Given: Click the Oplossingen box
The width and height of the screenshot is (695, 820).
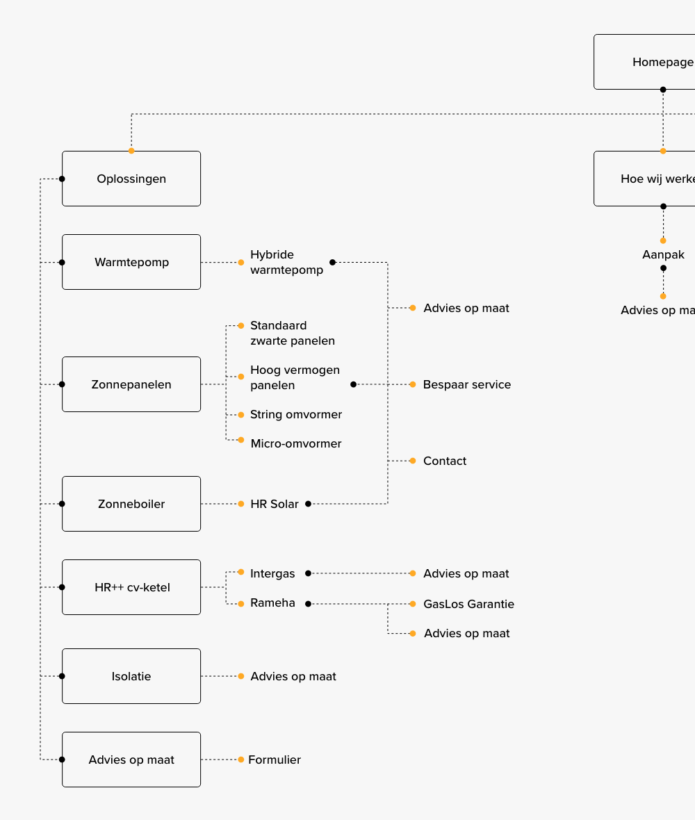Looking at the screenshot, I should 131,179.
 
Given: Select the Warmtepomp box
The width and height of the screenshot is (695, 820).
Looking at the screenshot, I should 131,262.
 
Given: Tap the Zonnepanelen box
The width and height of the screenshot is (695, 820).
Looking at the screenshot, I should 131,384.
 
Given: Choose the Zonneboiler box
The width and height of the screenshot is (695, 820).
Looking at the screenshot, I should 131,504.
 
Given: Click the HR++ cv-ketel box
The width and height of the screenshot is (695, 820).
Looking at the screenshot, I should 131,587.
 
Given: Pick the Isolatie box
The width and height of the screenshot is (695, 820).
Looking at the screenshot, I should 131,676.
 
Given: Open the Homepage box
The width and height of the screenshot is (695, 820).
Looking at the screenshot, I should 644,62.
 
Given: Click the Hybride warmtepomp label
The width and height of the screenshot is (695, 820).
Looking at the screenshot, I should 286,262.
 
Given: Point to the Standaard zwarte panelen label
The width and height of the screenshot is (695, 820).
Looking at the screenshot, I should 292,333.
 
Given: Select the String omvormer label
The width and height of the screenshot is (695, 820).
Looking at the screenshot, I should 296,414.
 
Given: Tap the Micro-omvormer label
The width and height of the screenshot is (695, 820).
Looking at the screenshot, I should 296,443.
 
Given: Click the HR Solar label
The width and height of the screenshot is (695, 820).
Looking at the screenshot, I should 275,504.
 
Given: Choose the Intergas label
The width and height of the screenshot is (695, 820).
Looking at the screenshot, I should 272,573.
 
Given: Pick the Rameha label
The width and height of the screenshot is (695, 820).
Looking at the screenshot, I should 272,602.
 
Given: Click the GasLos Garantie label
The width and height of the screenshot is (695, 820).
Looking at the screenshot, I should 468,604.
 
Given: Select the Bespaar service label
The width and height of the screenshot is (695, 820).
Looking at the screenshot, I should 466,384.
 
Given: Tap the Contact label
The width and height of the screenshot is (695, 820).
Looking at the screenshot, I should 445,461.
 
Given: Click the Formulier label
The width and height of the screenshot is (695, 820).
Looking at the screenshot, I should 275,760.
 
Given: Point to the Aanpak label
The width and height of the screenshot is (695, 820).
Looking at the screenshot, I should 663,254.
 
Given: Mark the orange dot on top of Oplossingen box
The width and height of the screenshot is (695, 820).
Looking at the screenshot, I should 131,151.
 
